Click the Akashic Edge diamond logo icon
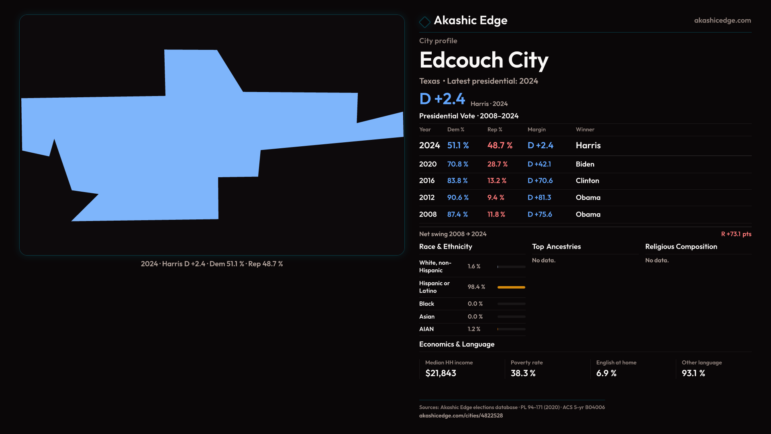424,22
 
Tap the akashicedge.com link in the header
722,20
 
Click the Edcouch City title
483,60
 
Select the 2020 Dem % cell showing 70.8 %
457,164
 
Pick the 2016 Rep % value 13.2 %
497,181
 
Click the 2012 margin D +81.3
539,198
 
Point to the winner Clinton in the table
587,181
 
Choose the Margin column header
536,129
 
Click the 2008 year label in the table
428,215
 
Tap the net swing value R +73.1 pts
736,234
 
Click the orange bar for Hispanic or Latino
511,287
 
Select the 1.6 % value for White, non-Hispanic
474,266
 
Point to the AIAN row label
426,329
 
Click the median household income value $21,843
441,373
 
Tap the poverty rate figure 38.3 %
523,373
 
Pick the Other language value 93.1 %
693,373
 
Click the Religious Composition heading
681,247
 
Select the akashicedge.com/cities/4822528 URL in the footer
461,416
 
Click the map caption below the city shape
212,264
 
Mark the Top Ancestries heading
556,247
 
